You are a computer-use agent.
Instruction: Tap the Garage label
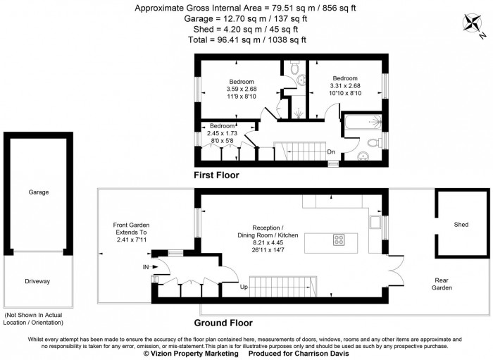38,192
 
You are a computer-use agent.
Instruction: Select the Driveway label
38,281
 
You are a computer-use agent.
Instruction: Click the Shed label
461,225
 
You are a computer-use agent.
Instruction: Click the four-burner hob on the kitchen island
338,240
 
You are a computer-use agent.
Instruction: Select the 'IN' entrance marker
146,267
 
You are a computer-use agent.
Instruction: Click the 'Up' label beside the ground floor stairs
244,287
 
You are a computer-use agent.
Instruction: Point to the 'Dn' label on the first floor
330,151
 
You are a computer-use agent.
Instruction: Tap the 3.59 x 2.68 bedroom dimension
241,89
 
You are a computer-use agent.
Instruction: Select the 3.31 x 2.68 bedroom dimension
345,85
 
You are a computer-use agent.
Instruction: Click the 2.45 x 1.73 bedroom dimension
222,132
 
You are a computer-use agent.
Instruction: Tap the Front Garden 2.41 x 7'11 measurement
130,240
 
